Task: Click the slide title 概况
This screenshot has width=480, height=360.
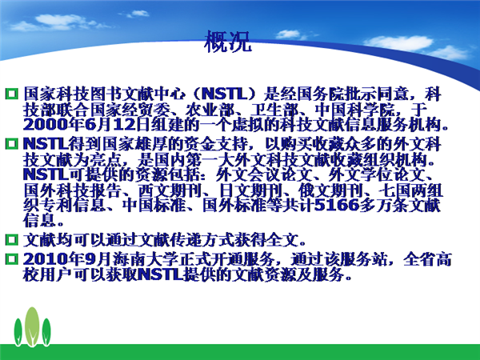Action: point(228,41)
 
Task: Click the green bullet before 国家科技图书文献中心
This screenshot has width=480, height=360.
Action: point(12,94)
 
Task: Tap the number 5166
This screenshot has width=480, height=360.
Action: point(337,205)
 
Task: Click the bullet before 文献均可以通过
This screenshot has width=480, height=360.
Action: point(12,239)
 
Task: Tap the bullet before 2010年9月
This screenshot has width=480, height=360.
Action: point(12,259)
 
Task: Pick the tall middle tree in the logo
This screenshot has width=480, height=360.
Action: point(32,326)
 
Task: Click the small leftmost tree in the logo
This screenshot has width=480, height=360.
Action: point(18,332)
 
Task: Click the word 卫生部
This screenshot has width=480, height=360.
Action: point(274,110)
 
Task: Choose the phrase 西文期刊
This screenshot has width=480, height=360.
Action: point(170,190)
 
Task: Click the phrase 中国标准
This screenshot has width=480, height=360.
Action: point(154,205)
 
